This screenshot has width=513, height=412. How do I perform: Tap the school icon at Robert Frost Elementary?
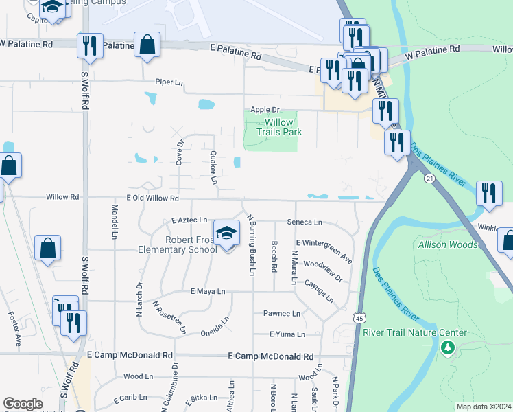click(x=226, y=233)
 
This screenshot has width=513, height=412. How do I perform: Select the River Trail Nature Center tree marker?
click(x=449, y=348)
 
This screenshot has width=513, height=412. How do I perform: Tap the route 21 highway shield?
click(x=430, y=179)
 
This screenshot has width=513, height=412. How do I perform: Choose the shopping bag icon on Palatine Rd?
click(x=147, y=45)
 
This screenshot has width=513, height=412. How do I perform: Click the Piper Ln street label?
click(x=169, y=82)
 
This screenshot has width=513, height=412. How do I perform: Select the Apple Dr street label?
click(x=265, y=109)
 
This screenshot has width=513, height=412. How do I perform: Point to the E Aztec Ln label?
click(x=189, y=220)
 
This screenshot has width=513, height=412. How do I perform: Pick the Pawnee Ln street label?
click(x=282, y=314)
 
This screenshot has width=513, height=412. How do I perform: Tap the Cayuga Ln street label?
click(x=319, y=290)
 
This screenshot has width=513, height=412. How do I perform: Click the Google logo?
click(x=23, y=404)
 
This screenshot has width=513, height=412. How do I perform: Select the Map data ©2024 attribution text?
click(x=483, y=407)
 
